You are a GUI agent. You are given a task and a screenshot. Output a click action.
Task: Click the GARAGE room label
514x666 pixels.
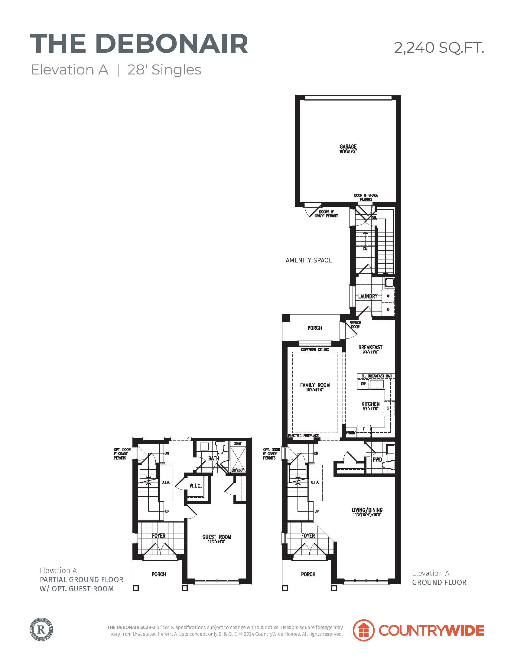[348, 147]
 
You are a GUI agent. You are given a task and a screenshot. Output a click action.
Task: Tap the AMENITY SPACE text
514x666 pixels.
[308, 260]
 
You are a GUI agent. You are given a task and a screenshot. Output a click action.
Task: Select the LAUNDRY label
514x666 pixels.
[368, 296]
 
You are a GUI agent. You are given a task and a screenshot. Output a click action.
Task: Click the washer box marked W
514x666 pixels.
[388, 296]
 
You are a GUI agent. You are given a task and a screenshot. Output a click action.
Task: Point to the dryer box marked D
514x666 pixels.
[388, 309]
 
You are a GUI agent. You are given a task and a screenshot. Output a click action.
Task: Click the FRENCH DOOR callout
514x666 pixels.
[355, 325]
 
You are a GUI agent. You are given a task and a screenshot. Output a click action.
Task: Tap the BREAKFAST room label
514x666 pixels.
[370, 347]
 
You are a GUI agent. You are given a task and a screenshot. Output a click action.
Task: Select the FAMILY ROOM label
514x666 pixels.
[315, 385]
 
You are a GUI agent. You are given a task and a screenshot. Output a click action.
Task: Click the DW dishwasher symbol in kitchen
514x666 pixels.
[363, 384]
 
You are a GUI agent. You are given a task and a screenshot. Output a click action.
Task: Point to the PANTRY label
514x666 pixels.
[351, 432]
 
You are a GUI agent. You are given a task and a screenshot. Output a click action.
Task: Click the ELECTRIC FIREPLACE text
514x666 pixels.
[303, 435]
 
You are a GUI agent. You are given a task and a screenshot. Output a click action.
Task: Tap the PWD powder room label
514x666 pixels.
[377, 459]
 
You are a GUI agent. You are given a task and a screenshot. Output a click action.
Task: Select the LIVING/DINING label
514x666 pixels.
[367, 509]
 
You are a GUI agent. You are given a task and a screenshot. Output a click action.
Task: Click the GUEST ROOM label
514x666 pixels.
[216, 537]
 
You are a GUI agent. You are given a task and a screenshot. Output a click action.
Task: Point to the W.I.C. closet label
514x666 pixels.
[196, 486]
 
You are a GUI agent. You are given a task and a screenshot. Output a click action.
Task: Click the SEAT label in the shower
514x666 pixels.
[238, 443]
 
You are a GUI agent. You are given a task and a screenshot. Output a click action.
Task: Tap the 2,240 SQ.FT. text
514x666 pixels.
[439, 48]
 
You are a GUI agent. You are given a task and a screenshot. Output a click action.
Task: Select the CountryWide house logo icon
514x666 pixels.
[363, 630]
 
